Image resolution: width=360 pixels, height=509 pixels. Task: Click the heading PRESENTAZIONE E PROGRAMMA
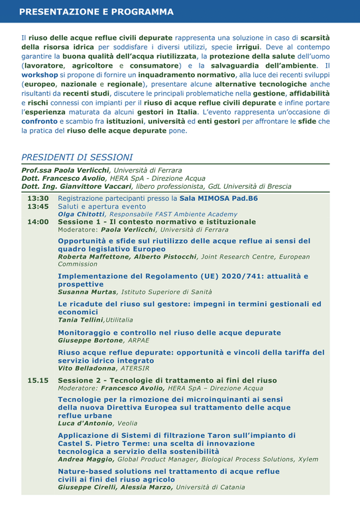(96, 12)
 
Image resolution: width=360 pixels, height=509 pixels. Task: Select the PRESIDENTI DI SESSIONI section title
(77, 157)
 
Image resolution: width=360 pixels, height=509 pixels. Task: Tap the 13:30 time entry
(38, 198)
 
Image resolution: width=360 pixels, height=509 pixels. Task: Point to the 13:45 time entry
(38, 206)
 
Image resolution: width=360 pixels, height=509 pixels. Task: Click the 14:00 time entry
(38, 221)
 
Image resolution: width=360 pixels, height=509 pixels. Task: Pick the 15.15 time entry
(38, 380)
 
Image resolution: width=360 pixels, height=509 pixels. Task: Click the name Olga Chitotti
(80, 214)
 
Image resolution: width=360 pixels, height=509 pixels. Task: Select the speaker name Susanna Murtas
(86, 292)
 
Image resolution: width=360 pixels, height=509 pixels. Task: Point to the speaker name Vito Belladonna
(86, 368)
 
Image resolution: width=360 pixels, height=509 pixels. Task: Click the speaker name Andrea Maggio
(86, 459)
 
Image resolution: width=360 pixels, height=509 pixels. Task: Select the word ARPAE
(139, 340)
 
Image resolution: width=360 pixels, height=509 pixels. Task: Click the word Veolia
(127, 423)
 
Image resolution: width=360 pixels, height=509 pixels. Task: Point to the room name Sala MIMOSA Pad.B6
(219, 198)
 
